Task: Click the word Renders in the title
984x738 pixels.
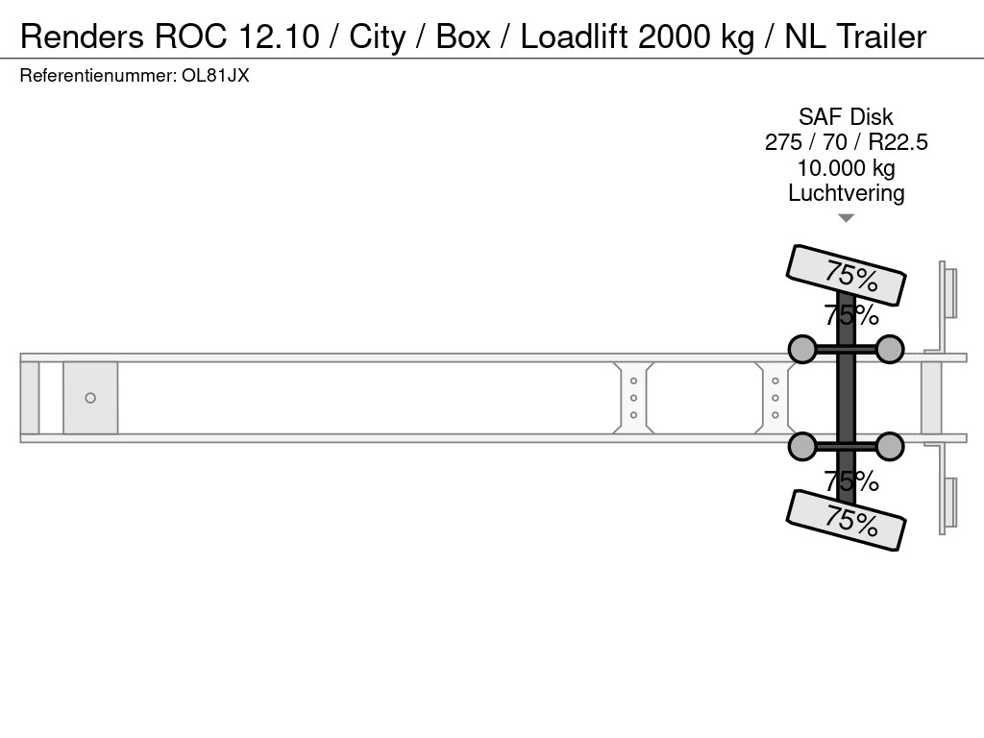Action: pos(82,37)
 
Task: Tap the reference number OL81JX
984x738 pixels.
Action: pos(215,76)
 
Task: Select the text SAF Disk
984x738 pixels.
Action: pos(846,116)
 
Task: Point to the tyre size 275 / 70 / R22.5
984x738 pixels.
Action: pos(846,142)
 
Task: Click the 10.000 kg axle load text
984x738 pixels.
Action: pos(846,168)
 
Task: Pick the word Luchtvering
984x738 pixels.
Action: pos(846,193)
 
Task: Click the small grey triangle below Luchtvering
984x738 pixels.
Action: pos(846,218)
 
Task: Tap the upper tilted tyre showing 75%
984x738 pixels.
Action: pos(846,275)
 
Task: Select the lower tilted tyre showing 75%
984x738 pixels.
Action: pos(846,520)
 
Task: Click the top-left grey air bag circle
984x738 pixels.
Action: pos(802,349)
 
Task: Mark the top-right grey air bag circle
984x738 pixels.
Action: pos(889,349)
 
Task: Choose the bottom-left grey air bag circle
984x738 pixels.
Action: pos(802,446)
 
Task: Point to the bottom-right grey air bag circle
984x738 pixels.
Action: pos(889,446)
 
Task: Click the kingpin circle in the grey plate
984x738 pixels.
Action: pos(90,398)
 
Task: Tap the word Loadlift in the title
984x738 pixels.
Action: pos(574,37)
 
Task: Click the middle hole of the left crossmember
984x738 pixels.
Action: pos(634,398)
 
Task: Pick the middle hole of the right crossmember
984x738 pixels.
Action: pos(775,398)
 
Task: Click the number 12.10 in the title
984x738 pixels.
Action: pos(279,37)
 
